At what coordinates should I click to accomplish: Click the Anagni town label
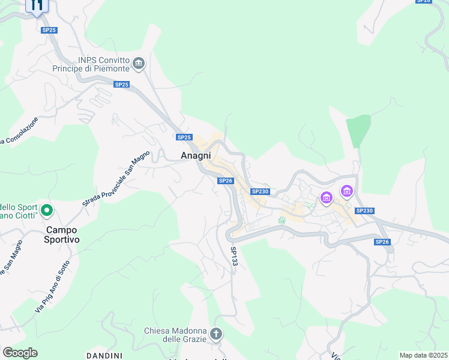(x=196, y=155)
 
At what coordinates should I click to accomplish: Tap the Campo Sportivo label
(x=63, y=234)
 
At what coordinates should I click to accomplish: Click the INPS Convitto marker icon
(x=139, y=64)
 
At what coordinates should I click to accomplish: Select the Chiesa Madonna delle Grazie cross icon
(x=215, y=334)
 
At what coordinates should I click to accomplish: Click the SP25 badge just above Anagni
(x=184, y=137)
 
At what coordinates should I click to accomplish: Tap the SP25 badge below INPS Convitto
(x=121, y=85)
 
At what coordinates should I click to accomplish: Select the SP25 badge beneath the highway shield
(x=49, y=30)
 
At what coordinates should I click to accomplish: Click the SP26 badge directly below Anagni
(x=225, y=181)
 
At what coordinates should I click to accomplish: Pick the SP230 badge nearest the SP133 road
(x=260, y=191)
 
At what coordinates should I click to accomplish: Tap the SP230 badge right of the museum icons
(x=364, y=211)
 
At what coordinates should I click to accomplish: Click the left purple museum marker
(x=327, y=197)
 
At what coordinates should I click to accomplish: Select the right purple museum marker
(x=346, y=191)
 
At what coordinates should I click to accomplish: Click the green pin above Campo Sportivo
(x=47, y=211)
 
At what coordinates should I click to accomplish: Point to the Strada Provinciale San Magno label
(x=116, y=179)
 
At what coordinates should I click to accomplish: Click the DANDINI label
(x=104, y=356)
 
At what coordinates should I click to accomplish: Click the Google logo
(x=20, y=353)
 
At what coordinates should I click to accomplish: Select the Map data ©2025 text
(x=423, y=355)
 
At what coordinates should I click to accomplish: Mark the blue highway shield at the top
(x=37, y=6)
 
